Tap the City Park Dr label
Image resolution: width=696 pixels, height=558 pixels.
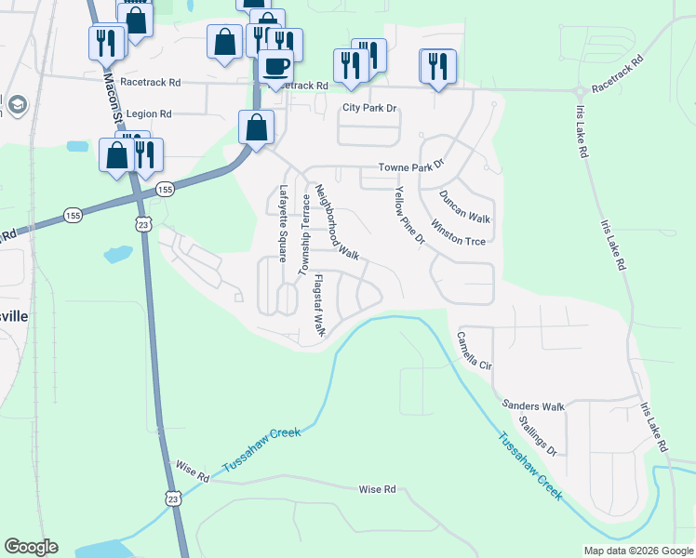click(369, 109)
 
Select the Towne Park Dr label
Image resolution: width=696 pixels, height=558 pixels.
click(411, 168)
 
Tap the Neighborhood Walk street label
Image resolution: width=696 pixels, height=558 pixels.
click(336, 220)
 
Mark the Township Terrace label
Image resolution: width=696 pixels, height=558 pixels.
click(302, 234)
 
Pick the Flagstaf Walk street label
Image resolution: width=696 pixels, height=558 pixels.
click(318, 305)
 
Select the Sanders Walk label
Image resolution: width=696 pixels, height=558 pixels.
click(533, 406)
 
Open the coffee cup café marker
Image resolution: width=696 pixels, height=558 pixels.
click(275, 67)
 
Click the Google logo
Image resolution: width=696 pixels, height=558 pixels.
click(32, 547)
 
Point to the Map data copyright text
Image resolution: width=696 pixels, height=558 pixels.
click(637, 550)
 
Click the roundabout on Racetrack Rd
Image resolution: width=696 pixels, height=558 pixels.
click(580, 90)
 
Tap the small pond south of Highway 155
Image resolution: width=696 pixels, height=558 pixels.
click(118, 254)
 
